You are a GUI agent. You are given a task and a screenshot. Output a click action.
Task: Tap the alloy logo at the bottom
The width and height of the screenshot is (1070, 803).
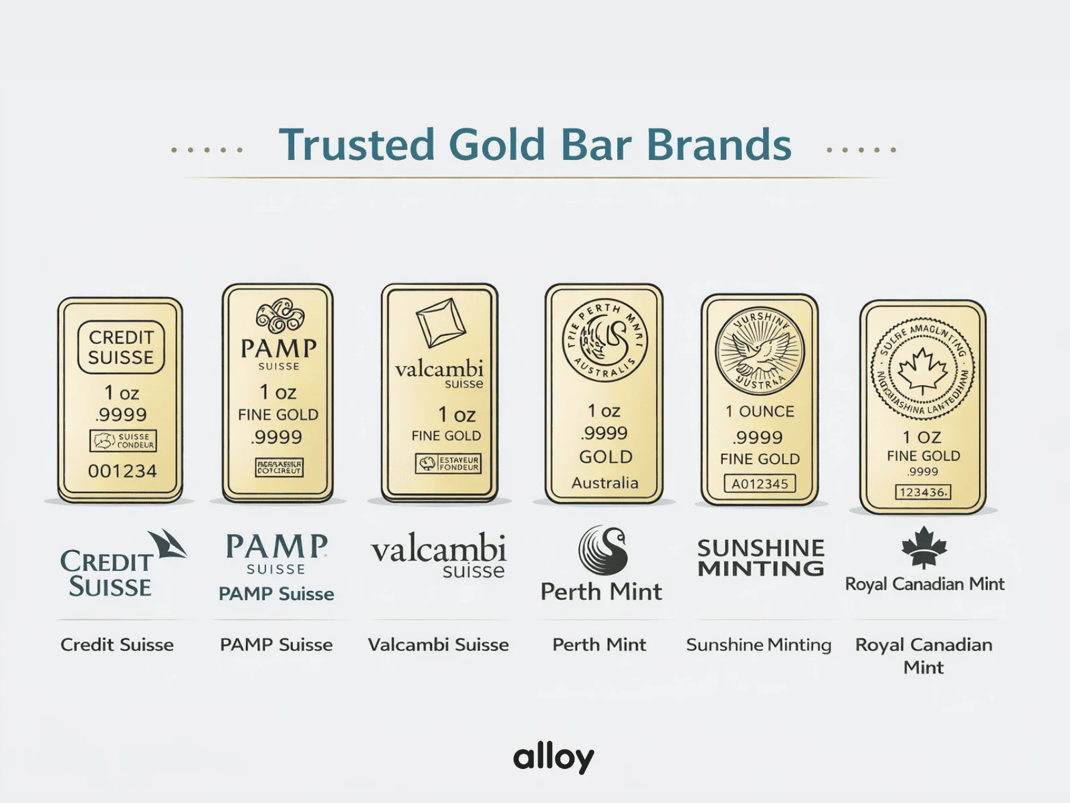[553, 757]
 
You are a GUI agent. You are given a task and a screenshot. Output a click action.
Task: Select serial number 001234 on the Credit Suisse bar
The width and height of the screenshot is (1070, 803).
[122, 471]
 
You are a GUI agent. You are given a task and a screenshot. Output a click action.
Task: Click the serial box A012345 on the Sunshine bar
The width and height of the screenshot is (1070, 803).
[760, 483]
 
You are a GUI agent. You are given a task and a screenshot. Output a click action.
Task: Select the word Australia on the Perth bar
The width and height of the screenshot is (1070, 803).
[605, 482]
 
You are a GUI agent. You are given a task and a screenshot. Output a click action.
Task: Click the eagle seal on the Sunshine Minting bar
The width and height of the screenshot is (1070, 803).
[760, 352]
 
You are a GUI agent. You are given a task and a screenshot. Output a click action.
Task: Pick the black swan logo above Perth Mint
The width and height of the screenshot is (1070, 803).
[603, 550]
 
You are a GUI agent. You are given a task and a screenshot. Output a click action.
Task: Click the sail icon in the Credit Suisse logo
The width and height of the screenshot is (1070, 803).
[167, 543]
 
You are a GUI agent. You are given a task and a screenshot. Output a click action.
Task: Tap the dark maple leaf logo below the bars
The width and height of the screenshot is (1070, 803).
[924, 547]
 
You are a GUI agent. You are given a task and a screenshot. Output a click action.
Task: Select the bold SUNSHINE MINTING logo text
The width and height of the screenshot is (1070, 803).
[760, 558]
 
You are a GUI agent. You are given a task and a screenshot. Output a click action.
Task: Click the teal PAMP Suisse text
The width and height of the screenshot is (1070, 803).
[276, 594]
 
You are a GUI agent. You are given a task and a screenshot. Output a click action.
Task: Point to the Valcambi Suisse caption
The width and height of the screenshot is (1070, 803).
[438, 644]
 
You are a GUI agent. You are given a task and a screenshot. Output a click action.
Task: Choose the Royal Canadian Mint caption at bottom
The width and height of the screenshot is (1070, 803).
[924, 655]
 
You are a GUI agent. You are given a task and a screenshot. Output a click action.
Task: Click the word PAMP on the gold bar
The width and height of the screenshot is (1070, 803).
[278, 348]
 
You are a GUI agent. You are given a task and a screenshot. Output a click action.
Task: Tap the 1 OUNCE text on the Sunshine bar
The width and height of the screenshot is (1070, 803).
[760, 411]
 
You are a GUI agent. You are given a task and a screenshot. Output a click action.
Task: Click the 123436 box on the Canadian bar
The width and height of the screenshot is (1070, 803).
[923, 492]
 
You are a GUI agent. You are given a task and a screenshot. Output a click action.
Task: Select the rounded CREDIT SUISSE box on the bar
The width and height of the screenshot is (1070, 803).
[121, 347]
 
